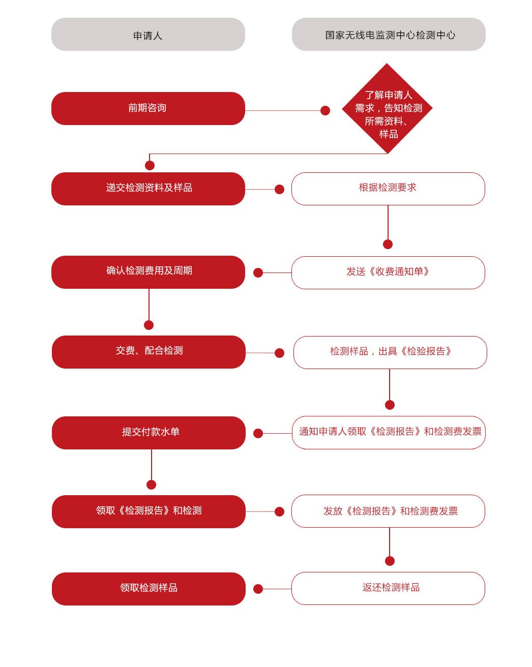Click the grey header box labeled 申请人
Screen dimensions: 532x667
point(148,35)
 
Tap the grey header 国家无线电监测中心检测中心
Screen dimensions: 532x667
point(389,35)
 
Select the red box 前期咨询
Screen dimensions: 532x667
point(148,108)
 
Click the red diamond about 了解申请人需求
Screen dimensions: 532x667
point(387,108)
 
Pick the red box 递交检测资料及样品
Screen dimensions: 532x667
point(148,189)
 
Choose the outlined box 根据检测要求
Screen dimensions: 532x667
point(388,189)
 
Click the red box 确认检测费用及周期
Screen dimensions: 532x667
point(148,272)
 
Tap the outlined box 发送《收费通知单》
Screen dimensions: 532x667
point(388,273)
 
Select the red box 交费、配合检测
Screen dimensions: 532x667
point(149,352)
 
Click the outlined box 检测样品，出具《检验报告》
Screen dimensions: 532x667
point(390,352)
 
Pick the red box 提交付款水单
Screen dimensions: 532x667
point(149,433)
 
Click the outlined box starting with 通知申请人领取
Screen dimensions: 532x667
point(389,433)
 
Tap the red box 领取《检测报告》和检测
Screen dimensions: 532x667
point(149,512)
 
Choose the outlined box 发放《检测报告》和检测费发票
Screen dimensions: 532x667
point(388,511)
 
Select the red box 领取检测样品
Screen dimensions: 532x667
point(149,589)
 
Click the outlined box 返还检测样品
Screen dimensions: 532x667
point(388,589)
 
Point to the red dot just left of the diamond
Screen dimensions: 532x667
point(325,110)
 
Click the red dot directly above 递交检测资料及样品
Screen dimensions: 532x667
point(150,165)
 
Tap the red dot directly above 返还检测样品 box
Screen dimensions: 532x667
point(390,561)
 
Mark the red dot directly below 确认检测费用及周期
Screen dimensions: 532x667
point(149,325)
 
